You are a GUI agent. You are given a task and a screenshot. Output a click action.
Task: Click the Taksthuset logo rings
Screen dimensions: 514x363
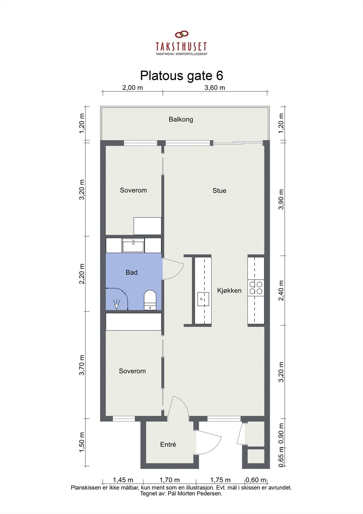click(x=182, y=34)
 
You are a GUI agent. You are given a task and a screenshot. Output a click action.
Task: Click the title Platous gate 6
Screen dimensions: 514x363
click(x=181, y=76)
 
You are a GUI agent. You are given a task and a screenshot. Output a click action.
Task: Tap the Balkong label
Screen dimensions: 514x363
click(x=181, y=120)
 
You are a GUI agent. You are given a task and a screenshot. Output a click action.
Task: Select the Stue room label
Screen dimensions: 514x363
click(x=219, y=191)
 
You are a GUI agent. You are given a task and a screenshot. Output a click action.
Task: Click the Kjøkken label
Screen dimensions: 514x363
click(x=229, y=290)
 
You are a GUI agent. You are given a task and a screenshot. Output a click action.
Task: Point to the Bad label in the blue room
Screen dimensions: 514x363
click(x=132, y=272)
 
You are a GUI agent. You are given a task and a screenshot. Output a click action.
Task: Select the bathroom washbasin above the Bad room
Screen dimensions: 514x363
click(x=133, y=245)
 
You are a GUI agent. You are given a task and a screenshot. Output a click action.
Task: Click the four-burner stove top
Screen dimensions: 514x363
click(x=255, y=288)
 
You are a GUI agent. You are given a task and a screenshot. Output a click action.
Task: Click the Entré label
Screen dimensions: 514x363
click(x=168, y=445)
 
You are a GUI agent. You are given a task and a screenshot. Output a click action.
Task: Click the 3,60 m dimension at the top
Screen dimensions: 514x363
click(x=215, y=88)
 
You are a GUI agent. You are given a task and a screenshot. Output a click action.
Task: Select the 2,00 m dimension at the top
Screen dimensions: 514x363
click(x=133, y=88)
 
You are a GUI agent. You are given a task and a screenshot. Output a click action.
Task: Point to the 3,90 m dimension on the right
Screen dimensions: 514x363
click(x=281, y=199)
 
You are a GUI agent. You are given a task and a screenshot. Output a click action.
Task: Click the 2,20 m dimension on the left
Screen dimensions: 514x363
click(x=82, y=273)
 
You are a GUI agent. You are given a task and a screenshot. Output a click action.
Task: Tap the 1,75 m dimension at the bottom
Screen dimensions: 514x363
click(x=220, y=480)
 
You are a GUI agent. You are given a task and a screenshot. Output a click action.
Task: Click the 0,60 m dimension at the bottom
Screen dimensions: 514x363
click(x=256, y=480)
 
